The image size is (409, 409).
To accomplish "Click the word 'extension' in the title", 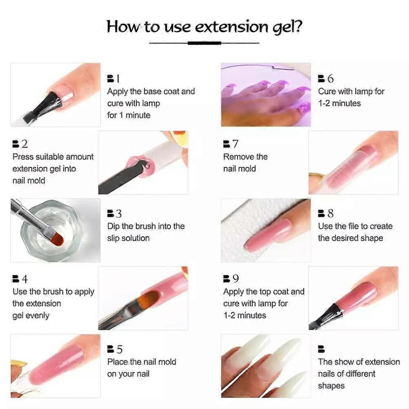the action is coord(231,26).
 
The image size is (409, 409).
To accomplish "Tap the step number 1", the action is coord(118,78).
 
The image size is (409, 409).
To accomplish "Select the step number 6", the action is coord(330,78).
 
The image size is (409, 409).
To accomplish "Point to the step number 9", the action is coord(235,278).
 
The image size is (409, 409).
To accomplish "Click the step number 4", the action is coord(25,279).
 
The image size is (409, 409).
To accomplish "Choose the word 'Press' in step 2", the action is coord(23,157).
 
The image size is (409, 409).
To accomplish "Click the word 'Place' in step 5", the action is coord(117,362).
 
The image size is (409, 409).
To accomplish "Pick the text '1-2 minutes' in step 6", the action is coord(339,103).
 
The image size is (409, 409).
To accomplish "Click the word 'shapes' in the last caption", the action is coord(331,386).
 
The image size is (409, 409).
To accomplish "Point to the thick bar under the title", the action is coord(204,43).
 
